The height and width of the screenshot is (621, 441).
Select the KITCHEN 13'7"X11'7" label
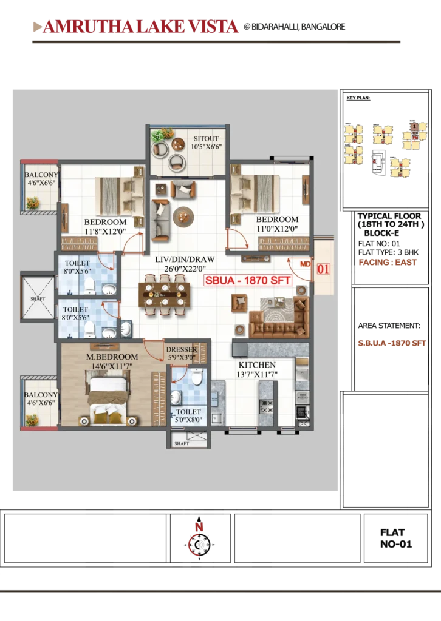tap(257, 369)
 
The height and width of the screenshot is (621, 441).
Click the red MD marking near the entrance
tap(306, 265)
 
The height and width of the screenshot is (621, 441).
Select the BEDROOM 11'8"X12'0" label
tap(104, 226)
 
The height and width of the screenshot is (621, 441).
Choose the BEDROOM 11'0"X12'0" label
tap(276, 224)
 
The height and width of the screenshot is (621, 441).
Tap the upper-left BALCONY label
tap(41, 180)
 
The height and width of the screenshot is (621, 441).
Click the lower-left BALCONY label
tap(41, 399)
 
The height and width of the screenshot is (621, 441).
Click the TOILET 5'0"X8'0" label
tap(188, 415)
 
